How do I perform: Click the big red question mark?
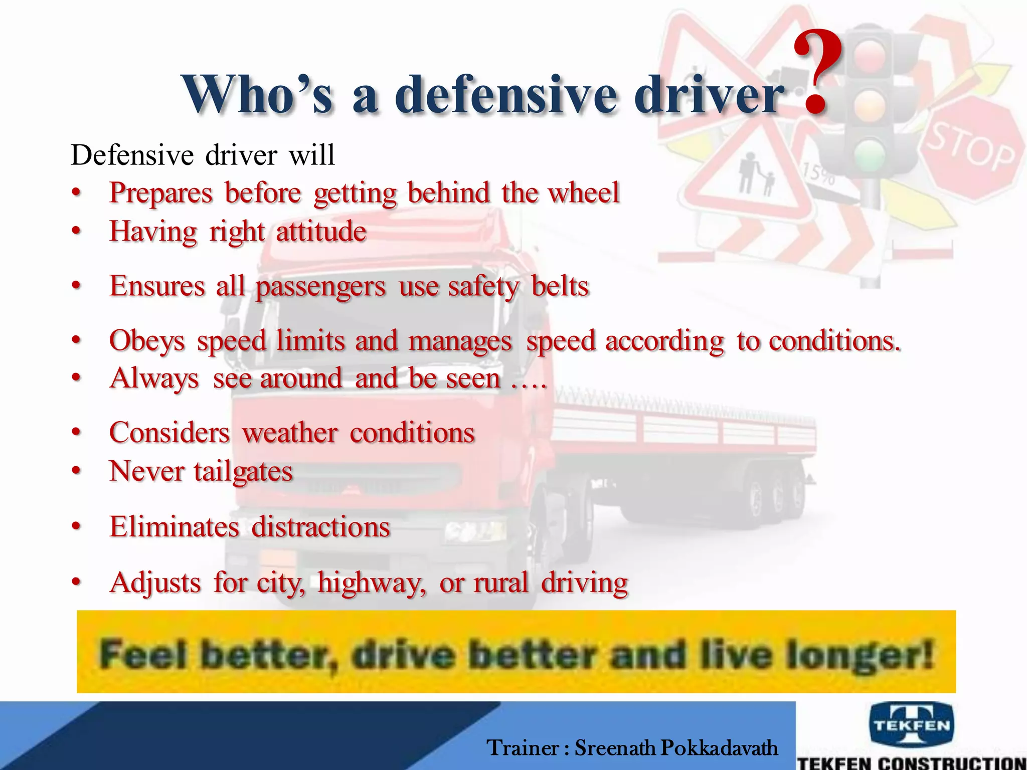[x=817, y=70]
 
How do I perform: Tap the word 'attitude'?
[x=321, y=232]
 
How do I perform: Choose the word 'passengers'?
[x=320, y=287]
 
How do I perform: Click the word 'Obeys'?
[x=147, y=341]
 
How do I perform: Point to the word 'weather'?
[x=290, y=433]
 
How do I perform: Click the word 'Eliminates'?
[x=174, y=527]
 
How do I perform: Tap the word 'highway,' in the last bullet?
[x=372, y=583]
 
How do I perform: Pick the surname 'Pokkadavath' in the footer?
[x=719, y=748]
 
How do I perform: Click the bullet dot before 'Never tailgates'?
[x=76, y=472]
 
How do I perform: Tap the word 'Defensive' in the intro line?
[x=132, y=155]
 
